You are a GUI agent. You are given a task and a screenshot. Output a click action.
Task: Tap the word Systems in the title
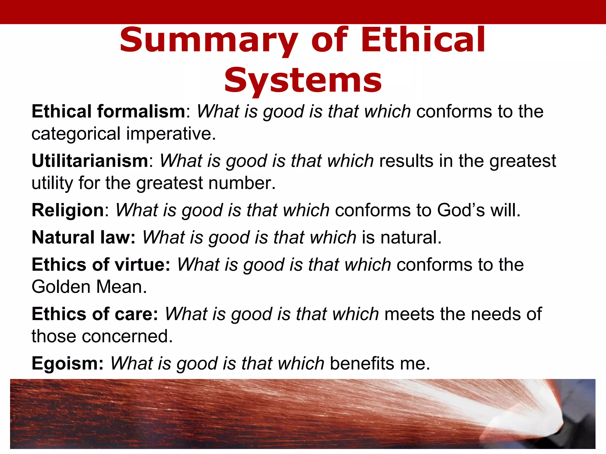click(x=303, y=80)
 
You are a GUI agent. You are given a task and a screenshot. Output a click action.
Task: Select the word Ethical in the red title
click(x=423, y=40)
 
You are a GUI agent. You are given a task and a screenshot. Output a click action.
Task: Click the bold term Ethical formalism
click(x=108, y=111)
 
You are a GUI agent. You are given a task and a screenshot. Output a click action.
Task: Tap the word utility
click(x=52, y=183)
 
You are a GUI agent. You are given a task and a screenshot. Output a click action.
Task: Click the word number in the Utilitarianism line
click(x=241, y=183)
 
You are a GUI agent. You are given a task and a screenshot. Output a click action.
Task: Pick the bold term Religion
click(x=68, y=210)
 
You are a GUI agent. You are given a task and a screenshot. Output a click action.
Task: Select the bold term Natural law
click(x=83, y=237)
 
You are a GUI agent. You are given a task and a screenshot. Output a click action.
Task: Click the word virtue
click(x=142, y=265)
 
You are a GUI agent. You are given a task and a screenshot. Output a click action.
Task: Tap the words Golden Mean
click(x=89, y=287)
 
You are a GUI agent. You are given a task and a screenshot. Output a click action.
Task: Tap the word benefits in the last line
click(x=362, y=363)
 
